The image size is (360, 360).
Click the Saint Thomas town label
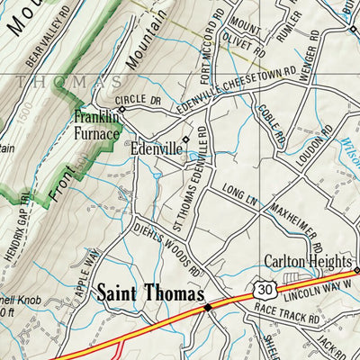pos(150,293)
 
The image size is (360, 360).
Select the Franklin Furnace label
pos(96,126)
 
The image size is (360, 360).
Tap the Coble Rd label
pos(269,126)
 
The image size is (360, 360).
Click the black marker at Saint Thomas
pos(206,307)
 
